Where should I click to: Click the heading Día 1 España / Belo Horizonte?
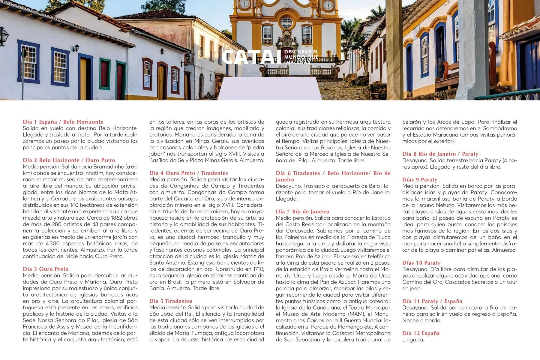[63, 122]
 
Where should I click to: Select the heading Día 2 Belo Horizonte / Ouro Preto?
[69, 160]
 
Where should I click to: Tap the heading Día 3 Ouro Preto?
[46, 269]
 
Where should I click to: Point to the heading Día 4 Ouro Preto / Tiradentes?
[188, 173]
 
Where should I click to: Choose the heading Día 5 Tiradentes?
[171, 301]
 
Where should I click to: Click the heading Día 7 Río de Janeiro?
[302, 211]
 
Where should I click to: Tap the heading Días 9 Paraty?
[419, 179]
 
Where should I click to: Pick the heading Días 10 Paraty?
[421, 263]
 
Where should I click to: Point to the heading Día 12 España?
[421, 333]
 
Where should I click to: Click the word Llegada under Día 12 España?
[413, 340]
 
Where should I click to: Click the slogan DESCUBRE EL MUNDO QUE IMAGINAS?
[301, 57]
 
